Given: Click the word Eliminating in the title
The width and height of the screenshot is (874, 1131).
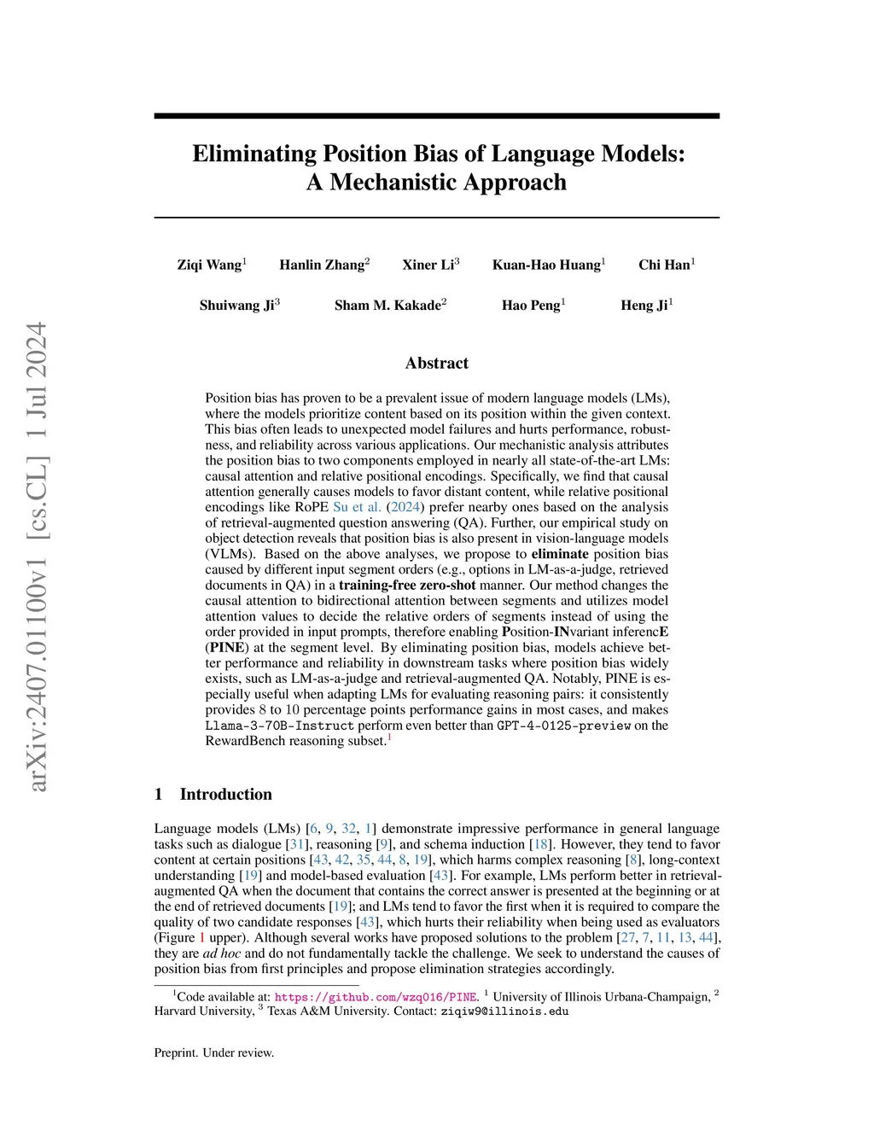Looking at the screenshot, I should (251, 154).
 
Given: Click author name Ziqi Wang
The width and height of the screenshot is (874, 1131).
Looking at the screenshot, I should (209, 265).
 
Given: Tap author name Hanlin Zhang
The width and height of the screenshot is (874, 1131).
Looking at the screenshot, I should (322, 265).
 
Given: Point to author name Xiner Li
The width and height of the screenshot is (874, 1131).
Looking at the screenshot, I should (428, 265).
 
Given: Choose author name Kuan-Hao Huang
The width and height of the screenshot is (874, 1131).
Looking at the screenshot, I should (546, 265).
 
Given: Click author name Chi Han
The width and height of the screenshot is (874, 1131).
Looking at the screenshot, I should (664, 265).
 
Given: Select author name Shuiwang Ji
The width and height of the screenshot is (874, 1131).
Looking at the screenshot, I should (236, 306).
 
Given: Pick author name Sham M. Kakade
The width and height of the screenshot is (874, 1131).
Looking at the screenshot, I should (387, 306).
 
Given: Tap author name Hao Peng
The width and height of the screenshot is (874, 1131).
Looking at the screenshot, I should (531, 306).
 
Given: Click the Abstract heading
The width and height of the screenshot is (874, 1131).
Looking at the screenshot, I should (437, 363).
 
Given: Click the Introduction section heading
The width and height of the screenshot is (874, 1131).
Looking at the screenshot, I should (225, 794).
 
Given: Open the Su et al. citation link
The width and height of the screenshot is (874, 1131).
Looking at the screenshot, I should (358, 507).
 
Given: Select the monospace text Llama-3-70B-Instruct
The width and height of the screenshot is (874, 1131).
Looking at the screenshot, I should (279, 726).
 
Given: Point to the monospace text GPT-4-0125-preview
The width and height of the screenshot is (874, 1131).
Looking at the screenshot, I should (563, 726).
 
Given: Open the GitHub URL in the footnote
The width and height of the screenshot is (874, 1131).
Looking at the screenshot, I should (376, 996).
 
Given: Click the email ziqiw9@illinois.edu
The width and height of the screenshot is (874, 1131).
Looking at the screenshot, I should (504, 1011).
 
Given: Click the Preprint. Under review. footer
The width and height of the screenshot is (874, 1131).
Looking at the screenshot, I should (214, 1052).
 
